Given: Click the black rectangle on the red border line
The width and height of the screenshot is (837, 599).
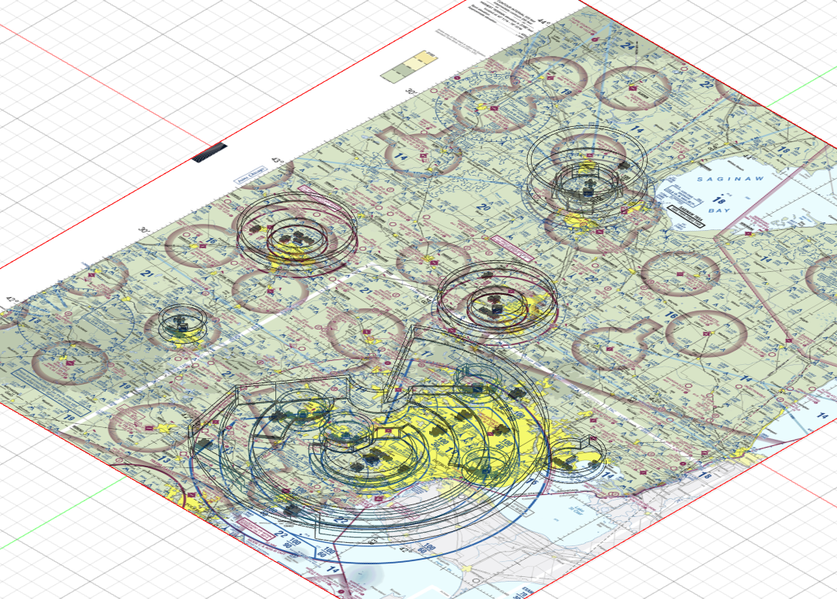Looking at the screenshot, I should [210, 151].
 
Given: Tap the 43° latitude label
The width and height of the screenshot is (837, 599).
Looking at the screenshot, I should [277, 160].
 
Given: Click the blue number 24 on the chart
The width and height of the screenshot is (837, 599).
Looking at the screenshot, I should [629, 45].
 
